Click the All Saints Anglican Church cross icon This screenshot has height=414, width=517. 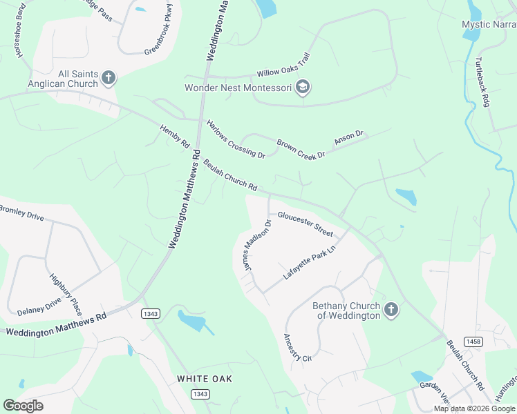[x=109, y=78]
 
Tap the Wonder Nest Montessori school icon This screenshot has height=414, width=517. [x=302, y=88]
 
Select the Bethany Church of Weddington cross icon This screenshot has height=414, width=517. [x=391, y=310]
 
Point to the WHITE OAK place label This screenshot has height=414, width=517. [x=204, y=379]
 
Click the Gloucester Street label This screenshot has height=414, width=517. [x=305, y=224]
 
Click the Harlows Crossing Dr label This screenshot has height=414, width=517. [x=236, y=139]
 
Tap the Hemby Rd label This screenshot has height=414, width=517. [x=174, y=137]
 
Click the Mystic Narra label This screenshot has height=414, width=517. [x=489, y=24]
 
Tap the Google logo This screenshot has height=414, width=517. [x=23, y=406]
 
